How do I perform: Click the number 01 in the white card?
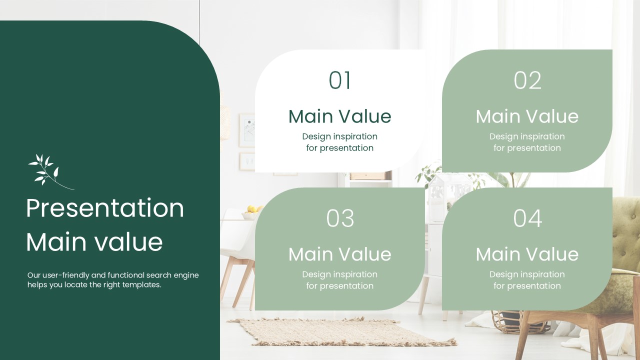pyautogui.click(x=339, y=80)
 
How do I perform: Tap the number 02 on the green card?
pyautogui.click(x=527, y=80)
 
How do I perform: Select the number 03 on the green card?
pyautogui.click(x=340, y=218)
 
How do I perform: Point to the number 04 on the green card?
pyautogui.click(x=527, y=218)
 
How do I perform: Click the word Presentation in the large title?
pyautogui.click(x=105, y=208)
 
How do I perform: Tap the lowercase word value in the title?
pyautogui.click(x=128, y=242)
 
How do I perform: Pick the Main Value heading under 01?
pyautogui.click(x=339, y=116)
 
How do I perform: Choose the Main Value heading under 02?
pyautogui.click(x=527, y=116)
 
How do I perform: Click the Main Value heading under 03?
pyautogui.click(x=339, y=254)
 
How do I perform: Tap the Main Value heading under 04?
pyautogui.click(x=527, y=254)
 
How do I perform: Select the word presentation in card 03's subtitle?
pyautogui.click(x=346, y=286)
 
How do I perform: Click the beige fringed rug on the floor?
pyautogui.click(x=341, y=331)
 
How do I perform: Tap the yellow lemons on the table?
pyautogui.click(x=253, y=209)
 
